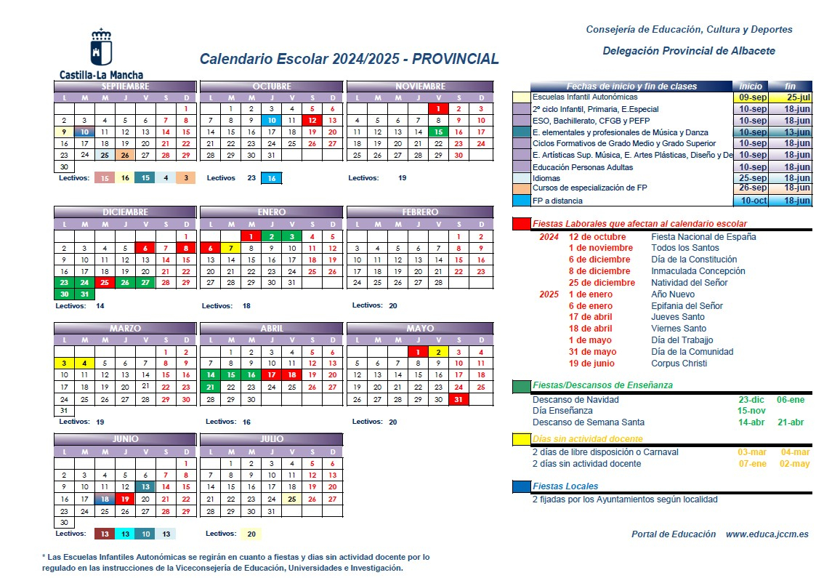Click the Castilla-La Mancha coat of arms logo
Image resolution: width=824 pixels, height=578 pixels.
coord(101,48)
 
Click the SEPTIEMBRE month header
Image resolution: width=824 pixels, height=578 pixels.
coord(125,87)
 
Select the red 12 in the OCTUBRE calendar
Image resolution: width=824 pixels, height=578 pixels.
coord(312,121)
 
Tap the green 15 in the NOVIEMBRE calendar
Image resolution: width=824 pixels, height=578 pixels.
coord(438,132)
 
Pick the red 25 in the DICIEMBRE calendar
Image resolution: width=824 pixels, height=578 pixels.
coord(105,283)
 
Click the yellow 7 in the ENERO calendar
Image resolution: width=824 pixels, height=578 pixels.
coord(230,248)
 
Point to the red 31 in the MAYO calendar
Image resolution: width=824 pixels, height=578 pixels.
coord(459,399)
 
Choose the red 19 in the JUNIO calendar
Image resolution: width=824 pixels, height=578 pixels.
coord(125,499)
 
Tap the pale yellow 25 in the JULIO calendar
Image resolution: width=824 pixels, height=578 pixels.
coord(291,499)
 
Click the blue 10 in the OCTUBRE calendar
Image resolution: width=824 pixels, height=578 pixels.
coord(271,121)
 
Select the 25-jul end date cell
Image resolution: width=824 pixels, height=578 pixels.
coord(790,97)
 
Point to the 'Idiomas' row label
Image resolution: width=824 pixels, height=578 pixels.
coord(546,178)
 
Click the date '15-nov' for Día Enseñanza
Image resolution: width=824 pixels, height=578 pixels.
coord(752,411)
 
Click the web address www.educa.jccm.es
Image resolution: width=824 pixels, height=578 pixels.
coord(767,534)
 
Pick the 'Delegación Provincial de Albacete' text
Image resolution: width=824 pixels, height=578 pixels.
coord(688,51)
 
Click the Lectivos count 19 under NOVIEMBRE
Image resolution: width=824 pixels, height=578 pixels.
coord(402,177)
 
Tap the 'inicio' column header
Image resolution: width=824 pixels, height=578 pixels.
coord(751,87)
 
